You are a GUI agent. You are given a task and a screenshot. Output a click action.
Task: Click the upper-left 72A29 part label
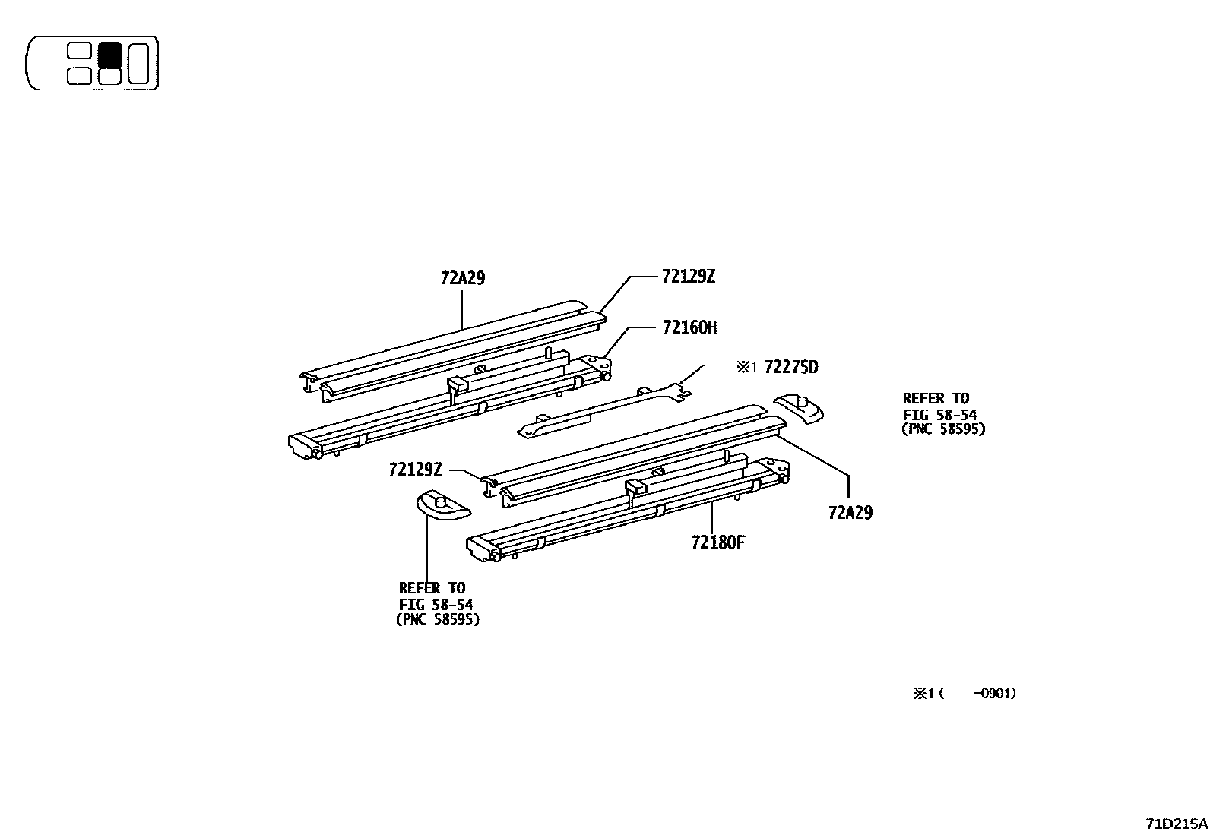[x=462, y=278]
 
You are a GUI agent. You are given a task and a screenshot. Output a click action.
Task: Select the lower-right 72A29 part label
[x=850, y=513]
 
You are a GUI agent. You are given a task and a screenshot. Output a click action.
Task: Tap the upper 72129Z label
[x=688, y=277]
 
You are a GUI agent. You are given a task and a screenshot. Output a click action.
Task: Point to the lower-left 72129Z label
[x=415, y=470]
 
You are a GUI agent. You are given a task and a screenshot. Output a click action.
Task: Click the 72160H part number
[x=689, y=327]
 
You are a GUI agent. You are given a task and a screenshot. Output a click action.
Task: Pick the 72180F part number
[x=718, y=542]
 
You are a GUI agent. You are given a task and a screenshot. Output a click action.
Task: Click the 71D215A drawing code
[x=1177, y=824]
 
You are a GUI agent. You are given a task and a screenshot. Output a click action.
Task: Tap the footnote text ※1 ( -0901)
[x=965, y=694]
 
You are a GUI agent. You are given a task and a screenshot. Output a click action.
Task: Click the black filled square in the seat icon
[x=110, y=54]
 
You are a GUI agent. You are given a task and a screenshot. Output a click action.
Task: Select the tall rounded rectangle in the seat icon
[x=138, y=63]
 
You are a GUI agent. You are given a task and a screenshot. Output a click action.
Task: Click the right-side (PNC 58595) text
[x=942, y=429]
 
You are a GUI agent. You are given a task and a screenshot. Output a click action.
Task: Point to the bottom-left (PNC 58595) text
[x=438, y=619]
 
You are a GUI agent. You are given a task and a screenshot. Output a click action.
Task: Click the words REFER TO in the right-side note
[x=936, y=398]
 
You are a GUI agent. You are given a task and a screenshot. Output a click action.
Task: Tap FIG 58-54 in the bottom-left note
[x=436, y=604]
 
